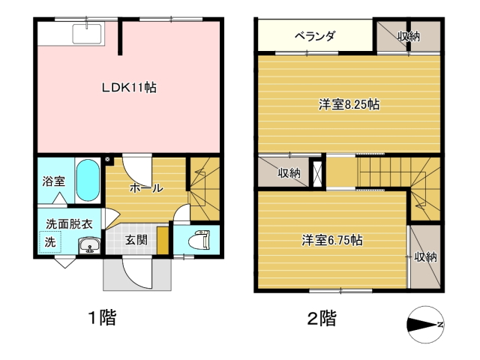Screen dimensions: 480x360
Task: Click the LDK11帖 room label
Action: click(x=129, y=88)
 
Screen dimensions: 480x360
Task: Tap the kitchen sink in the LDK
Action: click(x=87, y=34)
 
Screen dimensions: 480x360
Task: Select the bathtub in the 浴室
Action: click(x=88, y=180)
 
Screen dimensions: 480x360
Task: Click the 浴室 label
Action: click(x=53, y=181)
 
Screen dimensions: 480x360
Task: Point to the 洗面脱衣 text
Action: click(x=69, y=224)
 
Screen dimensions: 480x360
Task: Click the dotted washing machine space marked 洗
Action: click(x=50, y=241)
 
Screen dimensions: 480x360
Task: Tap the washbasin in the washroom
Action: click(x=89, y=245)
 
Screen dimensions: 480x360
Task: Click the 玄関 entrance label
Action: click(x=136, y=240)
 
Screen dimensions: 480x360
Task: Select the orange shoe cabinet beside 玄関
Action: click(x=163, y=240)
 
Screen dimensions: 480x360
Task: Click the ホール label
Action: click(x=146, y=187)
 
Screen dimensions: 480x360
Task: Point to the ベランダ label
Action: click(x=315, y=36)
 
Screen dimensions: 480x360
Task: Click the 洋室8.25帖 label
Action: click(x=349, y=105)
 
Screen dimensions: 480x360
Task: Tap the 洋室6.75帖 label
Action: click(x=332, y=240)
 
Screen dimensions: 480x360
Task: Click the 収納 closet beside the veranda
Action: click(x=408, y=37)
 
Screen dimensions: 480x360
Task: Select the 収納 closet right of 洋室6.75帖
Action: click(x=425, y=257)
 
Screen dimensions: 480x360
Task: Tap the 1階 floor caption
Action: click(x=102, y=317)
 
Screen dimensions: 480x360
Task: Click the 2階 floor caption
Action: click(x=322, y=318)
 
